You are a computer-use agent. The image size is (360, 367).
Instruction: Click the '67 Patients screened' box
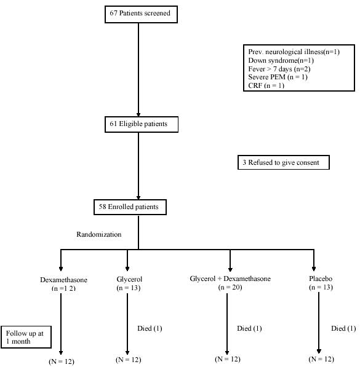point(141,15)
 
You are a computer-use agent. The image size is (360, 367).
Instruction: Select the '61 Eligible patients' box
point(142,125)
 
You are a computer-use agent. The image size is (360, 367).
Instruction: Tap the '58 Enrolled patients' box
point(130,207)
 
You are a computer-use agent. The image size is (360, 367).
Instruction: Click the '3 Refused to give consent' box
point(284,162)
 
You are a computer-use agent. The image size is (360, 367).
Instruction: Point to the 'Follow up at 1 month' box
point(26,337)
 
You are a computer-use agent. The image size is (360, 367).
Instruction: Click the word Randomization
point(99,234)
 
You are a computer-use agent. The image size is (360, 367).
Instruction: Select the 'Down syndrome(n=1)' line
point(281,60)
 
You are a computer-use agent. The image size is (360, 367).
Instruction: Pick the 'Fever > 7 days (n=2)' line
point(279,69)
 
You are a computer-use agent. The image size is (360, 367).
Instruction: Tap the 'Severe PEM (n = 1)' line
point(278,77)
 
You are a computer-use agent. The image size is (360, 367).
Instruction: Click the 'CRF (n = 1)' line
point(266,85)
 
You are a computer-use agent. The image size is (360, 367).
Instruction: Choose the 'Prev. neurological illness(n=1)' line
point(294,52)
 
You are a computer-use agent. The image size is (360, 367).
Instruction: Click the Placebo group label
point(321,278)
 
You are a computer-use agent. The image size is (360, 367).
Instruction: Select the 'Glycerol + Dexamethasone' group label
point(230,278)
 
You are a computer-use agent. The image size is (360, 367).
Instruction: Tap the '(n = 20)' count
point(230,287)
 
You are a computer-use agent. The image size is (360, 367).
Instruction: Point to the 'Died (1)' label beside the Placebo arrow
point(343,328)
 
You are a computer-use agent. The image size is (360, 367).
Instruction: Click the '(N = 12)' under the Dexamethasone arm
point(62,361)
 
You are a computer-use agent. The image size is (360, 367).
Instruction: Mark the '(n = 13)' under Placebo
point(321,287)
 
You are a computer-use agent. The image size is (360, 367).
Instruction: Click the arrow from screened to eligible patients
point(138,69)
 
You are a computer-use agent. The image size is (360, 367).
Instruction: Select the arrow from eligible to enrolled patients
point(138,166)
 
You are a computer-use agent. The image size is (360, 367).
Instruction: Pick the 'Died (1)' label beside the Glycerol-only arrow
point(150,328)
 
